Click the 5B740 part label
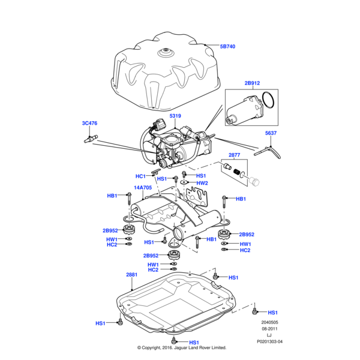(228, 46)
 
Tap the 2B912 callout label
(252, 83)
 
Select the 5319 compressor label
(175, 115)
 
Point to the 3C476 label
(89, 124)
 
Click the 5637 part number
(272, 134)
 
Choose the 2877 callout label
(235, 155)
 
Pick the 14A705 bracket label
(143, 187)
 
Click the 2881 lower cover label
(131, 275)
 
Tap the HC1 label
(141, 176)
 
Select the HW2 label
(202, 183)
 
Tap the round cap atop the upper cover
(163, 53)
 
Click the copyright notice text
(181, 347)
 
